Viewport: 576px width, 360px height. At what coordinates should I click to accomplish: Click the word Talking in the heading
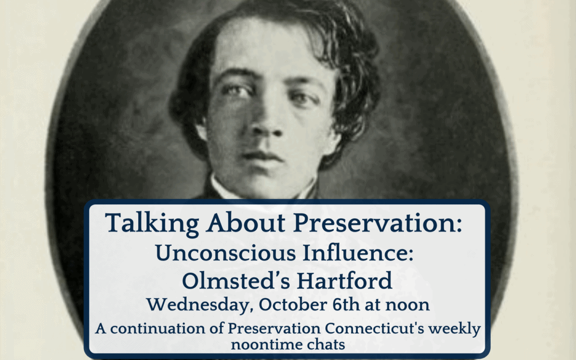(x=152, y=223)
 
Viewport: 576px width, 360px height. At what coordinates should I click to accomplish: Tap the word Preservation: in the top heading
(x=378, y=222)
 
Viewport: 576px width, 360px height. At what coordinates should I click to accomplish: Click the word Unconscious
(x=226, y=253)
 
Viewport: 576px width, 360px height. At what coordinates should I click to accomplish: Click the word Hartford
(x=345, y=281)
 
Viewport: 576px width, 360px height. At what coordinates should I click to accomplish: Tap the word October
(x=293, y=305)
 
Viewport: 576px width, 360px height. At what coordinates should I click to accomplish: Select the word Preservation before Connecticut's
(x=275, y=329)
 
